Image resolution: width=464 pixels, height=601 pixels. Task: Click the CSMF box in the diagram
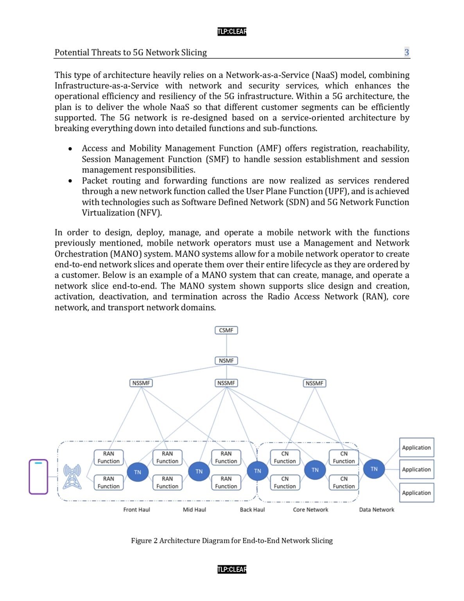pyautogui.click(x=226, y=330)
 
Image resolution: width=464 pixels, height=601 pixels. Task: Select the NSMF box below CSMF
pyautogui.click(x=226, y=361)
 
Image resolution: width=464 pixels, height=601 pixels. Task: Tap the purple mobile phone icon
pyautogui.click(x=38, y=477)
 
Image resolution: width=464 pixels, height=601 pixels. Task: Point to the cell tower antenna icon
pyautogui.click(x=72, y=476)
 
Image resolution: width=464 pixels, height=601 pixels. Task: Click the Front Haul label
pyautogui.click(x=136, y=509)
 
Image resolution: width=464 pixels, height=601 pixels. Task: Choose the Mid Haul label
pyautogui.click(x=194, y=509)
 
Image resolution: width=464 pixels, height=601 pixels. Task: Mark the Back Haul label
pyautogui.click(x=252, y=509)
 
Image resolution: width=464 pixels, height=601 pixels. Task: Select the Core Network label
pyautogui.click(x=310, y=509)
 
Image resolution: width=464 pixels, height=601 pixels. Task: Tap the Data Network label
pyautogui.click(x=376, y=509)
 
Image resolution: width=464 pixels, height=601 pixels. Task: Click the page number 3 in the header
pyautogui.click(x=407, y=52)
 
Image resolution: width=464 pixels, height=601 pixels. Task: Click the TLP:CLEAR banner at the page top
pyautogui.click(x=232, y=31)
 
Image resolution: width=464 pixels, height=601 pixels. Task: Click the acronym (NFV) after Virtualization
pyautogui.click(x=149, y=213)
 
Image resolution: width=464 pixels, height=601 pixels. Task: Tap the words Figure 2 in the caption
pyautogui.click(x=144, y=540)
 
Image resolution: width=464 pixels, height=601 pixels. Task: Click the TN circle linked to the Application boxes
pyautogui.click(x=374, y=469)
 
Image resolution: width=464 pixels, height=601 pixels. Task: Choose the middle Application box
pyautogui.click(x=416, y=470)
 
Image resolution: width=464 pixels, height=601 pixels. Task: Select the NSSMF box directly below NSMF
pyautogui.click(x=226, y=383)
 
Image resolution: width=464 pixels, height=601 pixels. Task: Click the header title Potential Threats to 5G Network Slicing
pyautogui.click(x=131, y=52)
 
